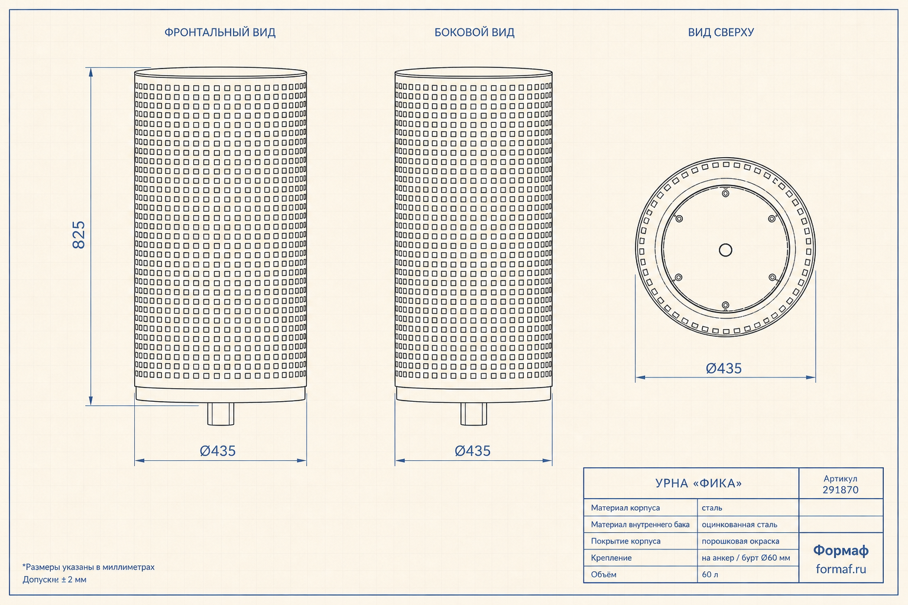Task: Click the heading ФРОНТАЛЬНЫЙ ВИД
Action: pos(220,32)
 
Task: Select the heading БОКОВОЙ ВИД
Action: pos(474,32)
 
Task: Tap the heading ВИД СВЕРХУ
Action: pos(721,32)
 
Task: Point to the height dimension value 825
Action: pos(79,235)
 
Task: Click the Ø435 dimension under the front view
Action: pos(218,451)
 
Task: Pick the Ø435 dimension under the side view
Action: pos(473,451)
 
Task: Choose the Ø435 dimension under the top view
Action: pos(724,368)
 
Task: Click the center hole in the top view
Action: pos(725,250)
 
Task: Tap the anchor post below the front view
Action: pos(220,414)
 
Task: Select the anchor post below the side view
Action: pos(474,414)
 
